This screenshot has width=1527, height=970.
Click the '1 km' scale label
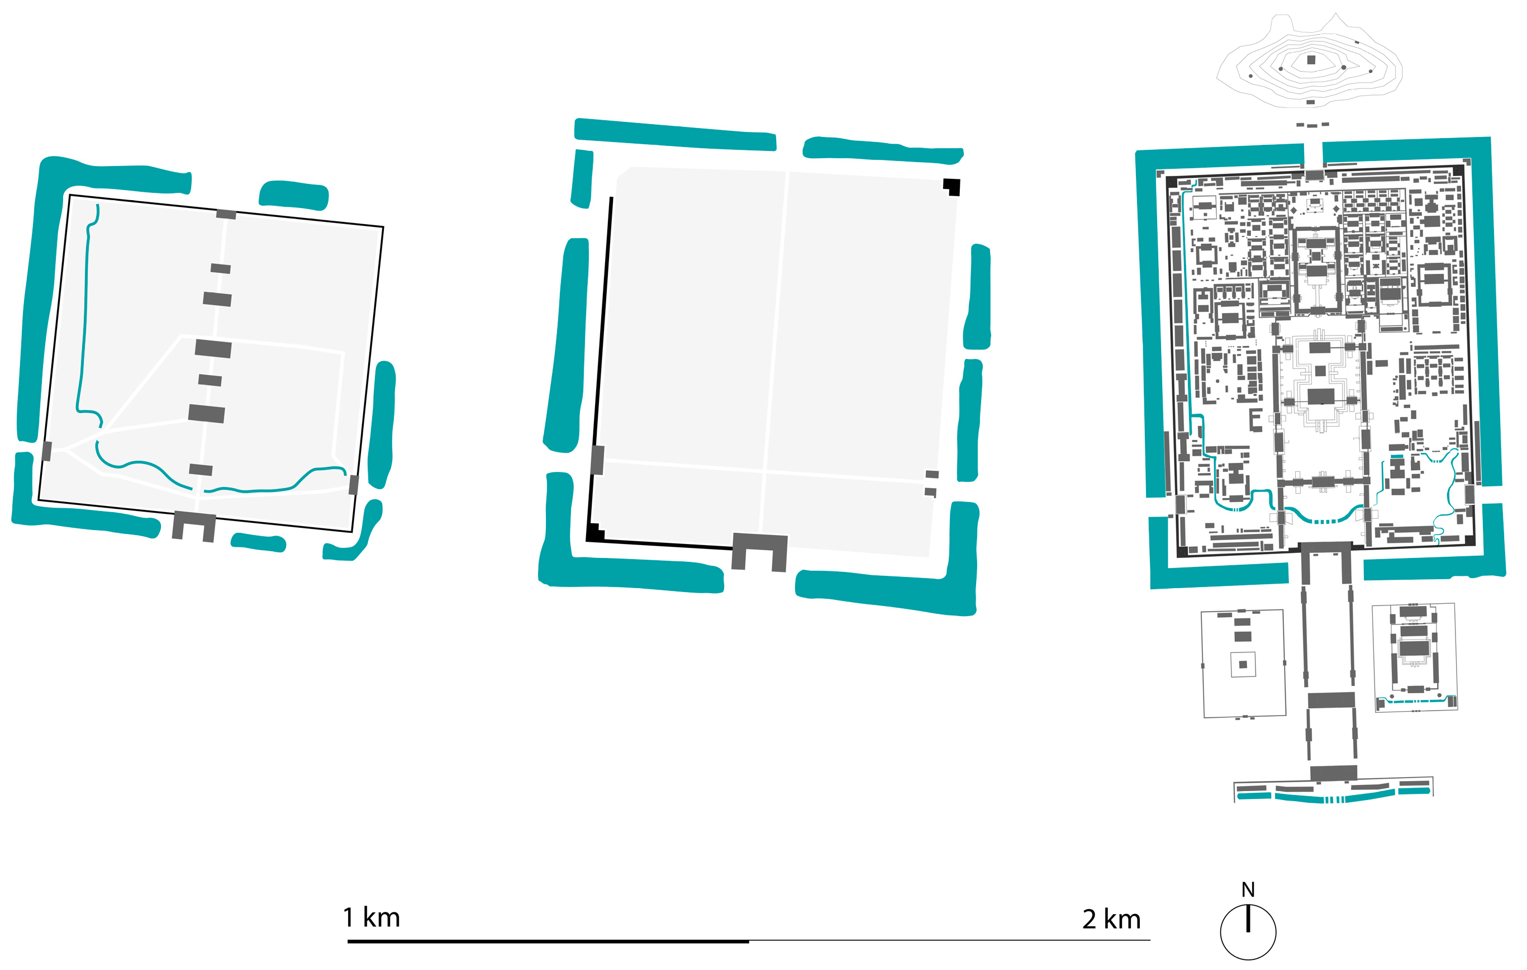(x=372, y=917)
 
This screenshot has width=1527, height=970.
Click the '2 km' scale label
(x=1112, y=919)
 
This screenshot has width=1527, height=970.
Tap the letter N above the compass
(x=1248, y=889)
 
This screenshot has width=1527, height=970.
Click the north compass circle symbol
(x=1248, y=932)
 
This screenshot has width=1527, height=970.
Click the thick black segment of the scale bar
(x=548, y=941)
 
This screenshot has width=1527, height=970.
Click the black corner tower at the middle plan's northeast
(x=952, y=187)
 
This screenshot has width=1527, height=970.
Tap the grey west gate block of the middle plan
(x=597, y=460)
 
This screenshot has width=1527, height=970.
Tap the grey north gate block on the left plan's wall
(x=226, y=215)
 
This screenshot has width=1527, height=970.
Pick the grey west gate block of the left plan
(x=46, y=451)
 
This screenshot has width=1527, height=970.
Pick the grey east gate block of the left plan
(x=353, y=485)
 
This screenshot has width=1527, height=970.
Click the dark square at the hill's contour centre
(x=1311, y=60)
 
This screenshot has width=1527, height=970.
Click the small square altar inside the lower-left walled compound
(x=1243, y=665)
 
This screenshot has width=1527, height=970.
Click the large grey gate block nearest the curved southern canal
(x=1333, y=773)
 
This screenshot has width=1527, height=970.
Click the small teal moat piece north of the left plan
(x=293, y=195)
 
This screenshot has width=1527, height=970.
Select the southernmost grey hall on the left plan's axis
(x=201, y=470)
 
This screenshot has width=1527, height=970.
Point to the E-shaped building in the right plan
(x=1255, y=420)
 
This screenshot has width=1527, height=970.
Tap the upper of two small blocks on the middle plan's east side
(x=931, y=474)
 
